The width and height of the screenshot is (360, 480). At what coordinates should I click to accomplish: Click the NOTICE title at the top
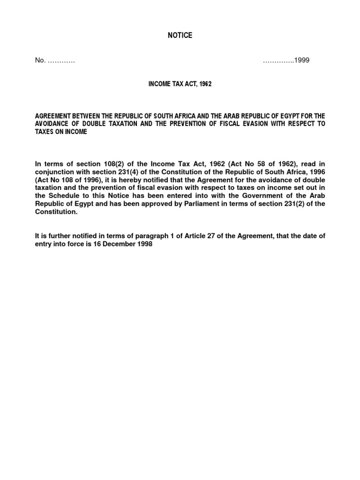pos(180,36)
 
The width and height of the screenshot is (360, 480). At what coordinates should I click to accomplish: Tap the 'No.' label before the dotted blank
pos(40,60)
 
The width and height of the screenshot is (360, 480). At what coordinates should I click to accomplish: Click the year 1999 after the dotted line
pos(302,60)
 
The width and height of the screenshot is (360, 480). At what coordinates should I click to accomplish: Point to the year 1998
pos(144,244)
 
